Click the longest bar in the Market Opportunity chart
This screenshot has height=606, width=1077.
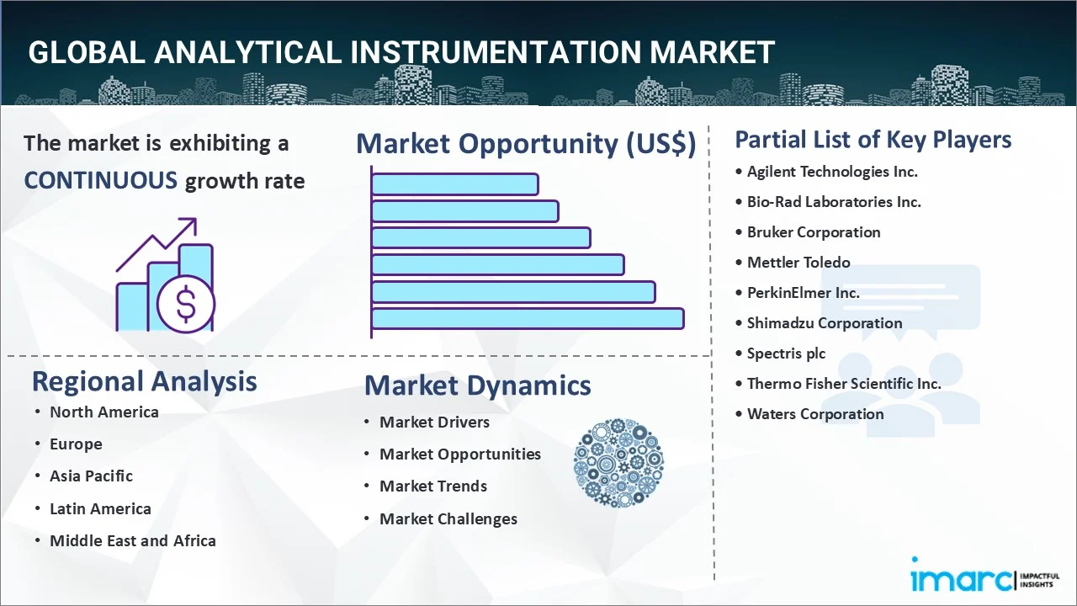(x=527, y=319)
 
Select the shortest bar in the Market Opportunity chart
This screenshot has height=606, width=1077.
(x=454, y=183)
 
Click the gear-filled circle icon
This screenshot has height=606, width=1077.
(x=618, y=464)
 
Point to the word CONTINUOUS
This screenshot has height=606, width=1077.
(x=100, y=180)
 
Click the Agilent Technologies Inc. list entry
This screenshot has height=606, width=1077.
(x=832, y=172)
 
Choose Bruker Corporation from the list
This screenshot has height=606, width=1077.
(x=814, y=232)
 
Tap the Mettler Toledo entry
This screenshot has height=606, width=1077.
(x=798, y=263)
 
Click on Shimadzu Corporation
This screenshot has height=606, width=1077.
(x=825, y=323)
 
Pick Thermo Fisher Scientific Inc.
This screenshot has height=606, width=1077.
(x=844, y=384)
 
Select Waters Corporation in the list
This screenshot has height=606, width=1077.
(x=815, y=414)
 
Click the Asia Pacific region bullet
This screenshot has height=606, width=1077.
(x=91, y=476)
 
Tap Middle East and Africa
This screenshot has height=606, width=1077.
(x=132, y=541)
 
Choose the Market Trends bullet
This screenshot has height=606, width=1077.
(x=432, y=486)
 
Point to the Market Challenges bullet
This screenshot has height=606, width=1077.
(x=448, y=519)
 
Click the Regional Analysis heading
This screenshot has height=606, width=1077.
(x=144, y=381)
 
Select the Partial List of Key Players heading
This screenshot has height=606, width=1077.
(x=873, y=140)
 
